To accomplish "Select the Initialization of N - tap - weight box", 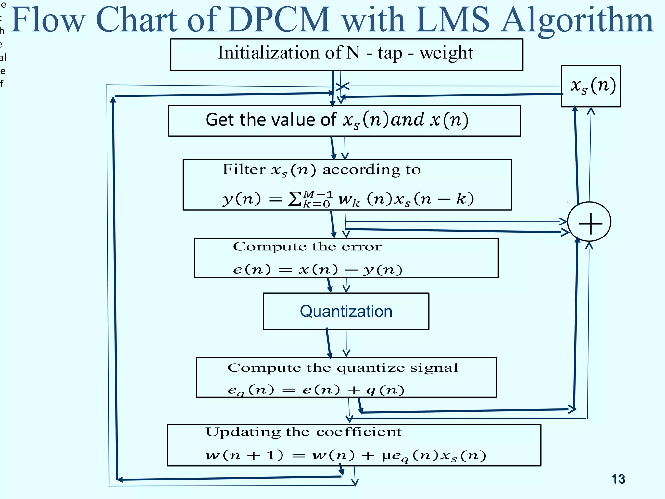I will pos(346,54).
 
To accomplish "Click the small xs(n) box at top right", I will pos(591,86).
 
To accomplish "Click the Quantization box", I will pos(346,311).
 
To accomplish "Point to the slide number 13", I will pos(618,479).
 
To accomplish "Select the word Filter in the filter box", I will pos(244,170).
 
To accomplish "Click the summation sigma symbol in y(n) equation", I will pos(295,199).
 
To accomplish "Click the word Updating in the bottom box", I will pos(243,432).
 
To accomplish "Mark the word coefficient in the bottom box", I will pos(359,432).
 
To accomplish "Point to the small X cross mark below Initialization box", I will pos(342,86).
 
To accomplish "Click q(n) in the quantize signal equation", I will pos(385,390).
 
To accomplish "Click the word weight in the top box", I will pos(446,53).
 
